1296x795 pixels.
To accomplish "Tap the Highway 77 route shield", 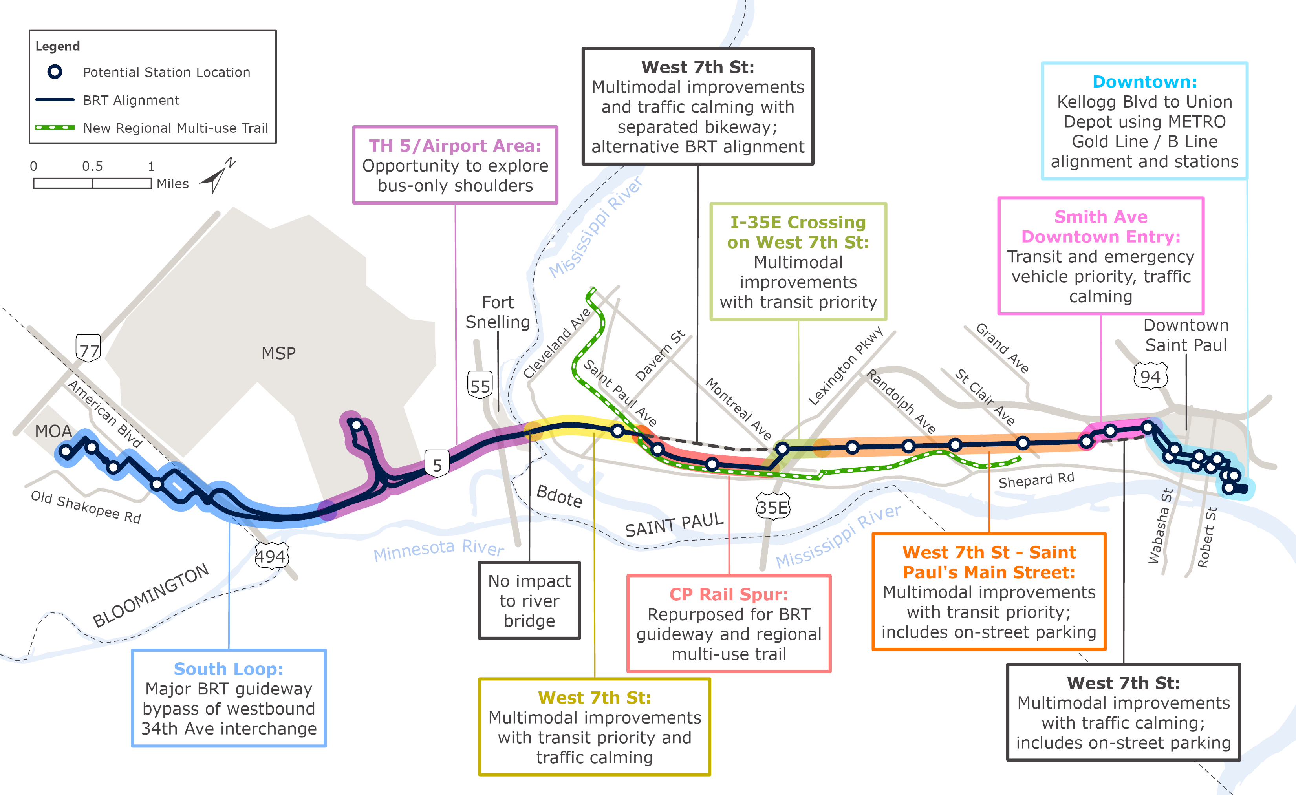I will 88,348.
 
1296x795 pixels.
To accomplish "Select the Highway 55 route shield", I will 480,386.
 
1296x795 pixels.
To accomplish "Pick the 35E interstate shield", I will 772,507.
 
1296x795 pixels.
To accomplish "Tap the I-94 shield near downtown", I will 1150,376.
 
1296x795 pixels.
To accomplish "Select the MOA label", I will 53,431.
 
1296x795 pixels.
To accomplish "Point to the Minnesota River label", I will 438,550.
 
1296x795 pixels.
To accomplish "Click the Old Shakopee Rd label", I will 86,507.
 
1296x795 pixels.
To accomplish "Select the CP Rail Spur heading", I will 729,594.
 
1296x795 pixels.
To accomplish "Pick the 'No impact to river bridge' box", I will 529,600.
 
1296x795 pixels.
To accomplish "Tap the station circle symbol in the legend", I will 55,71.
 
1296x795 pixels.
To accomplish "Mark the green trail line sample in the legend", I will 55,127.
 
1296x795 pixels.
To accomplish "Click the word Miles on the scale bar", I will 172,183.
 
